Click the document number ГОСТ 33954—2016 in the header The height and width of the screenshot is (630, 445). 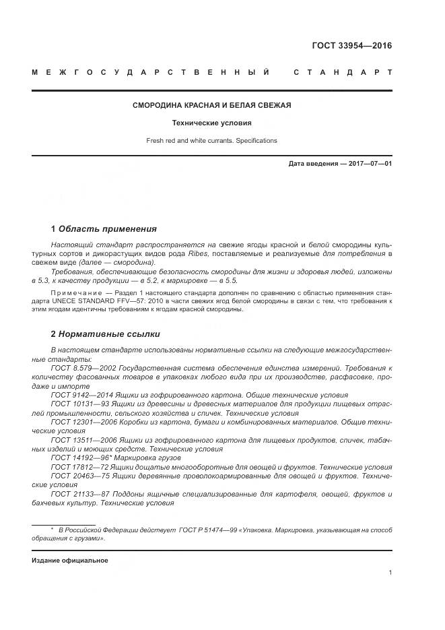[351, 46]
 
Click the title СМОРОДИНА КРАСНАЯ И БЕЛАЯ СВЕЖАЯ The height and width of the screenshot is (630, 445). [211, 106]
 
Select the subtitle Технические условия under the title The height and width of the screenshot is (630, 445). [211, 123]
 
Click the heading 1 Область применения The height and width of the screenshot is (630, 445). [104, 229]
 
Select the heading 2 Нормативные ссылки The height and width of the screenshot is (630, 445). [106, 334]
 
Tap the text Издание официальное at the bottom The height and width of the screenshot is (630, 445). [70, 561]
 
